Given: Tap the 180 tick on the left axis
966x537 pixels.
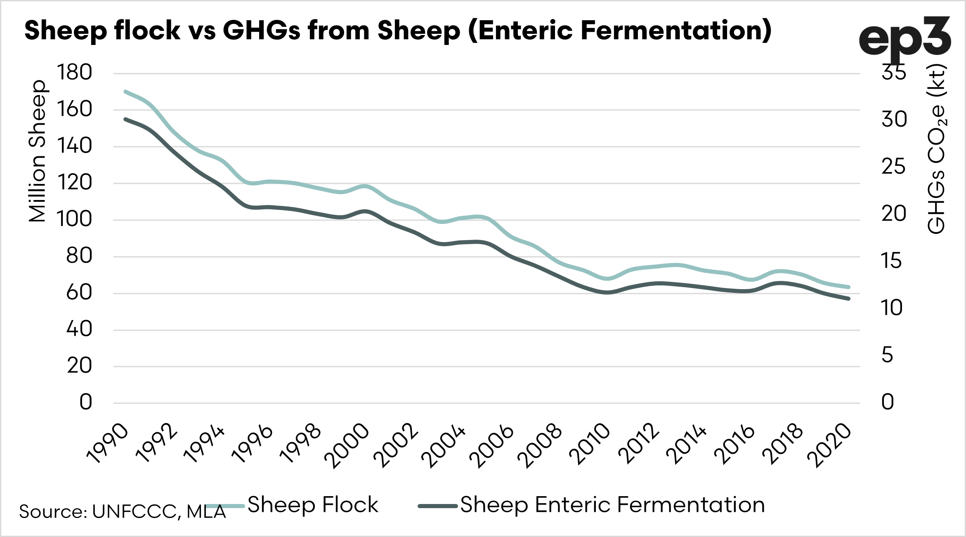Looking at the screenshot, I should (x=75, y=73).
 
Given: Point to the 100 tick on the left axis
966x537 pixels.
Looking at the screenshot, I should (x=75, y=219).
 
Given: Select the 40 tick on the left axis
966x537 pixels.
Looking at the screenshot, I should (x=79, y=330).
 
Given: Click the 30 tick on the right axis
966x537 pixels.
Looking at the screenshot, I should (x=894, y=120).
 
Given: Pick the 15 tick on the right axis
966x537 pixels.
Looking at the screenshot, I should (x=891, y=261).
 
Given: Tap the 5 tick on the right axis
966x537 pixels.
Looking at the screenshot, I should (x=887, y=355).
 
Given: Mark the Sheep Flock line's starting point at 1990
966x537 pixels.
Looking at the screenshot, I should (x=125, y=92).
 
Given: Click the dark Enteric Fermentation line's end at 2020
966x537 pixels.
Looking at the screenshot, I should (x=848, y=298).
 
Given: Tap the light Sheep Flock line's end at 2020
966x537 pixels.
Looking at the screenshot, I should (x=848, y=287).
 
